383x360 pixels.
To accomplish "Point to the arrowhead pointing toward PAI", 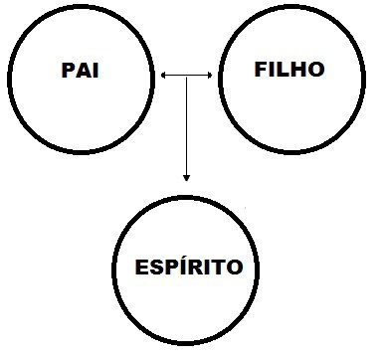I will pyautogui.click(x=163, y=75).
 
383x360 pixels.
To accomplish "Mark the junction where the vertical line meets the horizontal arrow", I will pyautogui.click(x=186, y=75).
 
